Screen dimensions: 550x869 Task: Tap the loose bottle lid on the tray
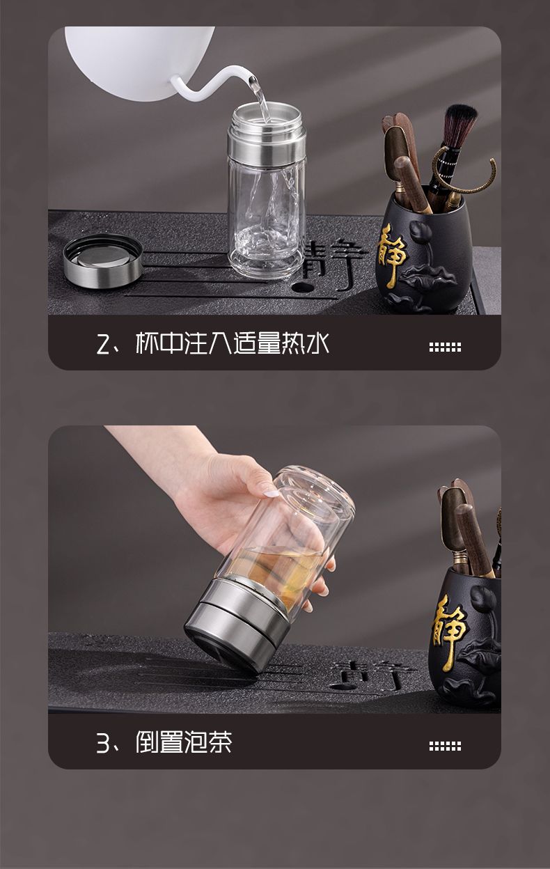tap(103, 260)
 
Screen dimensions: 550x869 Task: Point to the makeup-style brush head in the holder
tap(460, 124)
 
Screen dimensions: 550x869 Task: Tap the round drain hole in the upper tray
tap(303, 288)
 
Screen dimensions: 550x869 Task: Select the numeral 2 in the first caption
tap(104, 344)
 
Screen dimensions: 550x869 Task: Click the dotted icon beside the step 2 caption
tap(445, 347)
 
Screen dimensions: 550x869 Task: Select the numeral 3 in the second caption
tap(104, 742)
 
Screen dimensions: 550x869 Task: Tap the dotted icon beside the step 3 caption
tap(445, 746)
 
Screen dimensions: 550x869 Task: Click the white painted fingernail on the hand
tap(270, 494)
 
